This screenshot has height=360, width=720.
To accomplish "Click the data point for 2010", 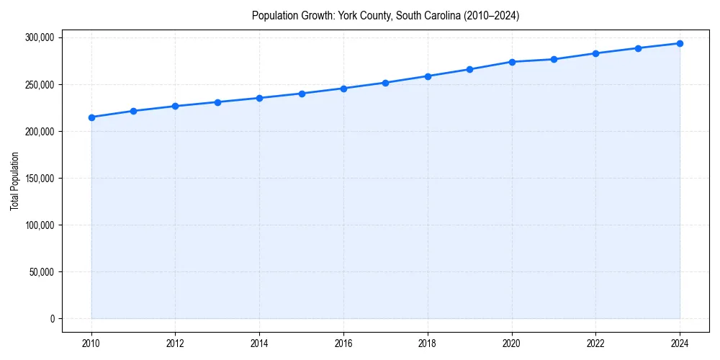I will [91, 117].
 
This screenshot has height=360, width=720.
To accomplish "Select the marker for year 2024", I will [680, 43].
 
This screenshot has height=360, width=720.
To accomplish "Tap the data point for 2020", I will [512, 62].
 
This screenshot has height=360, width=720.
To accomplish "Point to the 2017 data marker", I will [386, 83].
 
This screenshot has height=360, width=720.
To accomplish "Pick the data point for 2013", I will [217, 102].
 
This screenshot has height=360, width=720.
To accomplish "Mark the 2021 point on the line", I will [554, 59].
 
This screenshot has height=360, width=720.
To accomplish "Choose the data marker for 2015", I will [302, 94].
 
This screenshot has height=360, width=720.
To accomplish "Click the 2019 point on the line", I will [469, 69].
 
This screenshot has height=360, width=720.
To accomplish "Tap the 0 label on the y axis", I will [52, 319].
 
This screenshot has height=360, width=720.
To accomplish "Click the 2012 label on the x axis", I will [176, 343].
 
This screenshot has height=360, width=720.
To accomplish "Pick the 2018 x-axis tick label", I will [428, 343].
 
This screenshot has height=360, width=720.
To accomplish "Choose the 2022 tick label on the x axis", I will [595, 343].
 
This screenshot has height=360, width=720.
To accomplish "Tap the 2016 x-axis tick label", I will [343, 343].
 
